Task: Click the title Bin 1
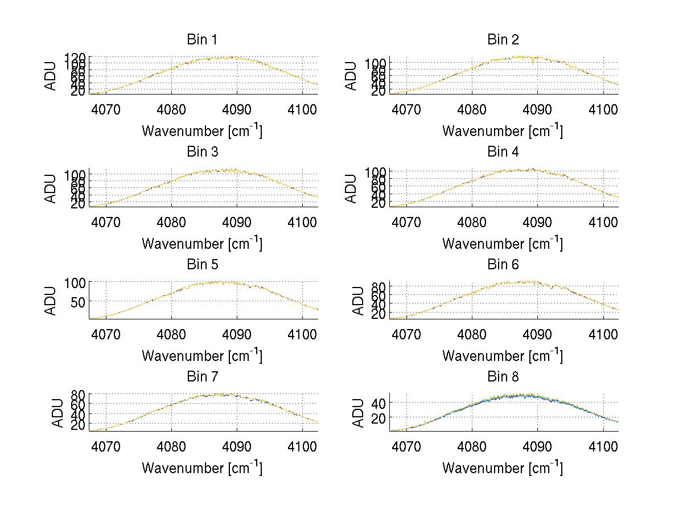(202, 40)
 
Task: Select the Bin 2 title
(503, 40)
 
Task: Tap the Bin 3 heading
(202, 152)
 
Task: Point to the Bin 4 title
(503, 152)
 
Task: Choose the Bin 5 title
(202, 265)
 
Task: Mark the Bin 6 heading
(503, 265)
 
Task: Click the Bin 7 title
(202, 377)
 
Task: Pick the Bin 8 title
(503, 377)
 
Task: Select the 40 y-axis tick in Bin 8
(378, 403)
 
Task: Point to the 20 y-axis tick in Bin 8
(378, 418)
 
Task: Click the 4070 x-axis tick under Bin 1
(106, 109)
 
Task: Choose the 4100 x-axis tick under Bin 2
(604, 109)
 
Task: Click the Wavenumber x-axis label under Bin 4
(503, 243)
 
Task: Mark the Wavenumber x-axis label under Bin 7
(202, 468)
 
